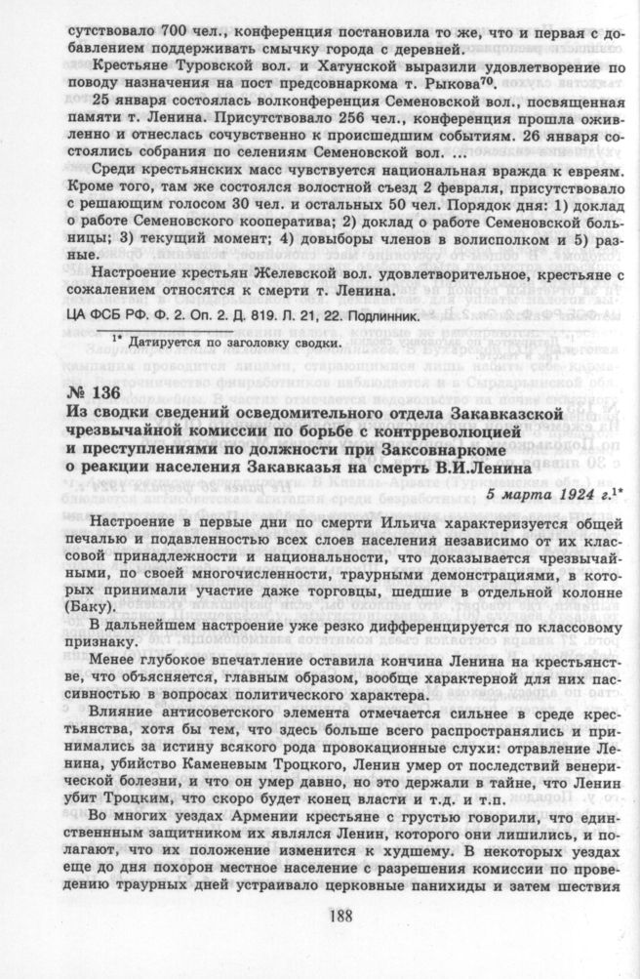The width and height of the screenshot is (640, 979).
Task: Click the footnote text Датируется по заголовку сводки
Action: click(233, 343)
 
